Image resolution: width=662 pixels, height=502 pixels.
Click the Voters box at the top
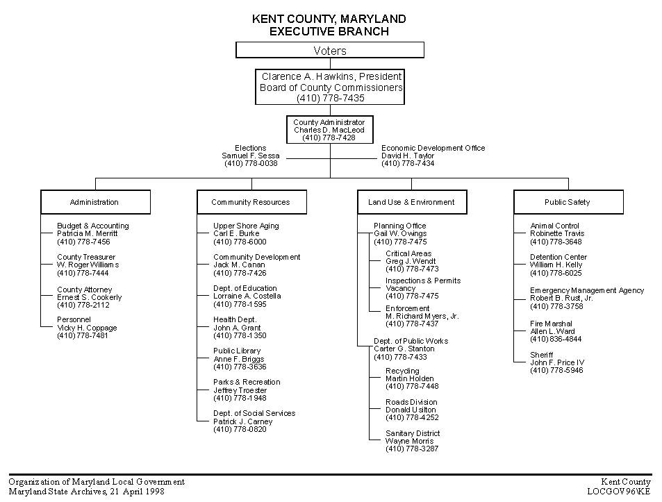(x=330, y=50)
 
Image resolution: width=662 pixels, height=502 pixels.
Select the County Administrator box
(x=330, y=130)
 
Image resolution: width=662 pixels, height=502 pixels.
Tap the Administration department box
(x=95, y=202)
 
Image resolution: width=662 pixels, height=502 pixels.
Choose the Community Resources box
(x=251, y=202)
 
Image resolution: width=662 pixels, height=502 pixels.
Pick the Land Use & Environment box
(x=412, y=202)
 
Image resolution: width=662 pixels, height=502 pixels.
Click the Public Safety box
(x=568, y=202)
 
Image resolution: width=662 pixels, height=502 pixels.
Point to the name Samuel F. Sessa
(x=251, y=156)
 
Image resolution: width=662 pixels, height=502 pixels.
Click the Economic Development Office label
(x=433, y=148)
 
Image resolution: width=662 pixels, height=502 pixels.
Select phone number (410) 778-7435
(x=331, y=98)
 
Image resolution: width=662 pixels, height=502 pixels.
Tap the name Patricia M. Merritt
(x=88, y=233)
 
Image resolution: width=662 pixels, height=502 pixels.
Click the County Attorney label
(x=85, y=290)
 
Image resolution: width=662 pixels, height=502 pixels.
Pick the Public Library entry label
(x=237, y=351)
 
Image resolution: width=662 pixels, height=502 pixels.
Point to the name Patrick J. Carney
(x=242, y=421)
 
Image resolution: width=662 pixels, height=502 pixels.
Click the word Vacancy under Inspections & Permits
(x=400, y=288)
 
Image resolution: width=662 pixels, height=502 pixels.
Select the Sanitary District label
(x=413, y=433)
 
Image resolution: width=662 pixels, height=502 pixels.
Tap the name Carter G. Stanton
(x=404, y=349)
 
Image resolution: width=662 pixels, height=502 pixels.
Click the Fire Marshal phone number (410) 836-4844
(x=556, y=339)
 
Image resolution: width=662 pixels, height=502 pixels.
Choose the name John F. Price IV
(x=557, y=362)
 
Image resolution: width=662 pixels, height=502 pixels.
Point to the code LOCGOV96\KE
(x=619, y=492)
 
